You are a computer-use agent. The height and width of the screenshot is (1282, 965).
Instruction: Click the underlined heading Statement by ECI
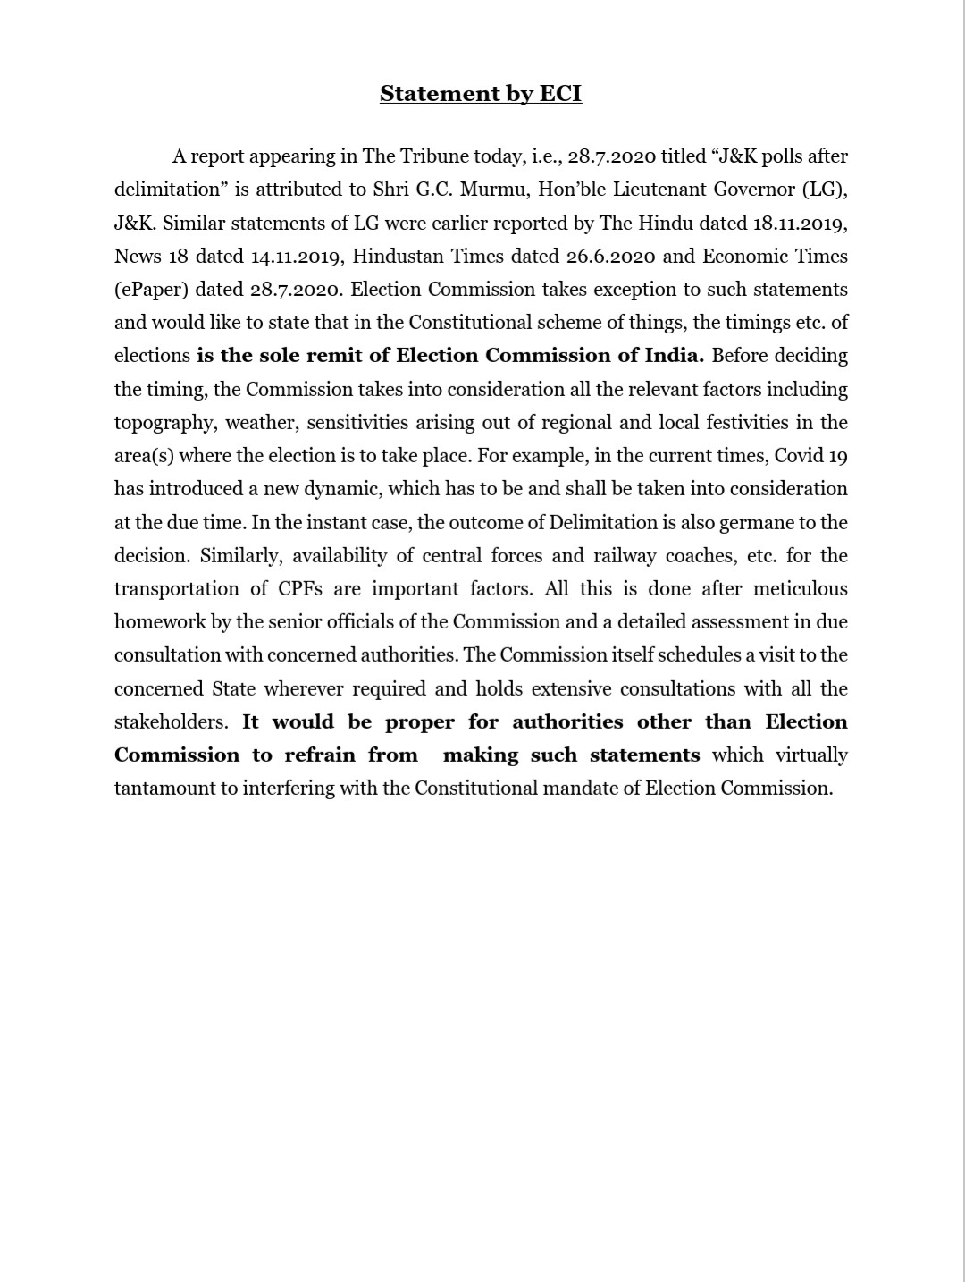click(481, 94)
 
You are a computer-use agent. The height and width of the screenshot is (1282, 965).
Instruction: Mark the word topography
click(164, 423)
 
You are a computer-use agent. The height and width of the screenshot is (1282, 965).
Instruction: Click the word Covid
click(798, 456)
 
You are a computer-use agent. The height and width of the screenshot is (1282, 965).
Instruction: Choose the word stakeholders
click(170, 722)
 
